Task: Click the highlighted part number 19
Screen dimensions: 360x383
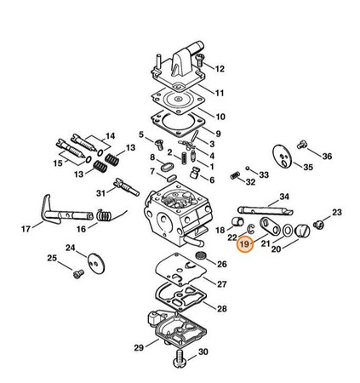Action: (244, 243)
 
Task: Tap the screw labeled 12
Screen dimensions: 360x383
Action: (200, 60)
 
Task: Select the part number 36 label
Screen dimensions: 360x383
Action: (327, 156)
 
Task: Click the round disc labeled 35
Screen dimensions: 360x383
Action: (282, 157)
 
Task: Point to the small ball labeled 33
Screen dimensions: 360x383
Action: (248, 168)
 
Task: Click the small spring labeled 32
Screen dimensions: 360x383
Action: (235, 175)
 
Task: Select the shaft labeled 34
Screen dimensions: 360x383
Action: (266, 210)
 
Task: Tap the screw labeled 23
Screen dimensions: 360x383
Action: (318, 225)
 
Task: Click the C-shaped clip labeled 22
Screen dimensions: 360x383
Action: (250, 228)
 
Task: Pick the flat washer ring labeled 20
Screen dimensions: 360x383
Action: (288, 231)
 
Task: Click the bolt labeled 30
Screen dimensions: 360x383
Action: (180, 358)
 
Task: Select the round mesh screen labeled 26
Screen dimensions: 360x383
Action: (201, 255)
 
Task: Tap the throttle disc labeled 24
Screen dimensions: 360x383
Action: (96, 264)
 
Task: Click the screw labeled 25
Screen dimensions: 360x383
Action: (78, 274)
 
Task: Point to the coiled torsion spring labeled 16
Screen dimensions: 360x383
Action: (104, 215)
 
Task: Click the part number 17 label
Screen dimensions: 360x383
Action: (26, 229)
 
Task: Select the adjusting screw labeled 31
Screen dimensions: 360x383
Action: (127, 187)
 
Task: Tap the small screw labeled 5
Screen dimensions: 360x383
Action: (159, 145)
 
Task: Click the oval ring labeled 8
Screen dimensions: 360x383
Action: (168, 167)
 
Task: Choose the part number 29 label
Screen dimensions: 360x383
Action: (139, 348)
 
